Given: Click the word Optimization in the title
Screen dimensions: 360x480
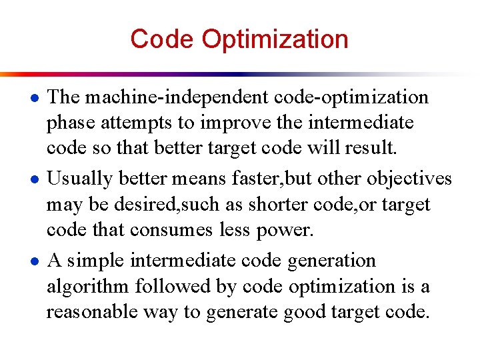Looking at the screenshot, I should coord(275,39).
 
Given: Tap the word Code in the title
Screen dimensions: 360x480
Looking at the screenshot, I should coord(163,39).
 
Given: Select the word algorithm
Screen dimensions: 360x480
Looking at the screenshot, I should coord(88,287).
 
